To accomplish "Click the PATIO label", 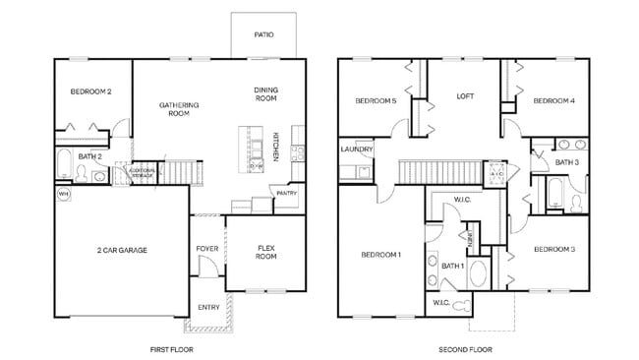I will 263,34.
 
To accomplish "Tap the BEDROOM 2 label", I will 90,91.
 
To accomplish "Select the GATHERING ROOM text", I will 179,109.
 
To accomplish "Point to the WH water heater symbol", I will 63,194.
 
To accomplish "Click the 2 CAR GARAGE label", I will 121,251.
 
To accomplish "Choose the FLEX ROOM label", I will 265,252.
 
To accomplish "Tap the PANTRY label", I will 286,194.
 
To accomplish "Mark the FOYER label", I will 206,248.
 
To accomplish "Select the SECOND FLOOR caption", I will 465,349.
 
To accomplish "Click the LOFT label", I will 466,96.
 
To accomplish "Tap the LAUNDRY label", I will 356,150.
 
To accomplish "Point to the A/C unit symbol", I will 496,172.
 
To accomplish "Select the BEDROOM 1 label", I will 380,255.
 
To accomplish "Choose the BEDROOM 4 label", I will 553,100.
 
